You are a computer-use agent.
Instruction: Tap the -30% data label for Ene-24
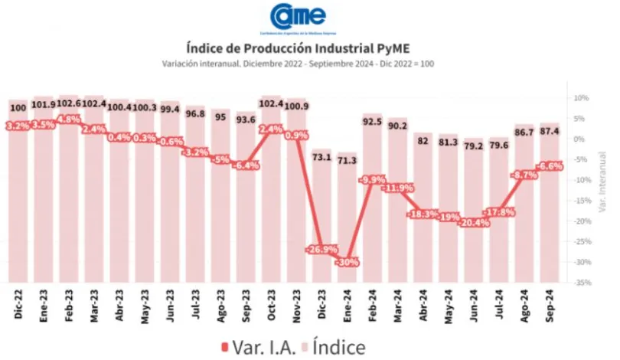click(347, 263)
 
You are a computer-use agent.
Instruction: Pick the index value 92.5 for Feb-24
click(372, 121)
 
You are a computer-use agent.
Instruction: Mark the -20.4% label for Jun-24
click(473, 224)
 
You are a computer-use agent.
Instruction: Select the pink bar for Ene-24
click(347, 222)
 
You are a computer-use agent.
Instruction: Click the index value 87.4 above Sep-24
click(549, 132)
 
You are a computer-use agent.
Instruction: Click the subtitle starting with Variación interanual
click(299, 64)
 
